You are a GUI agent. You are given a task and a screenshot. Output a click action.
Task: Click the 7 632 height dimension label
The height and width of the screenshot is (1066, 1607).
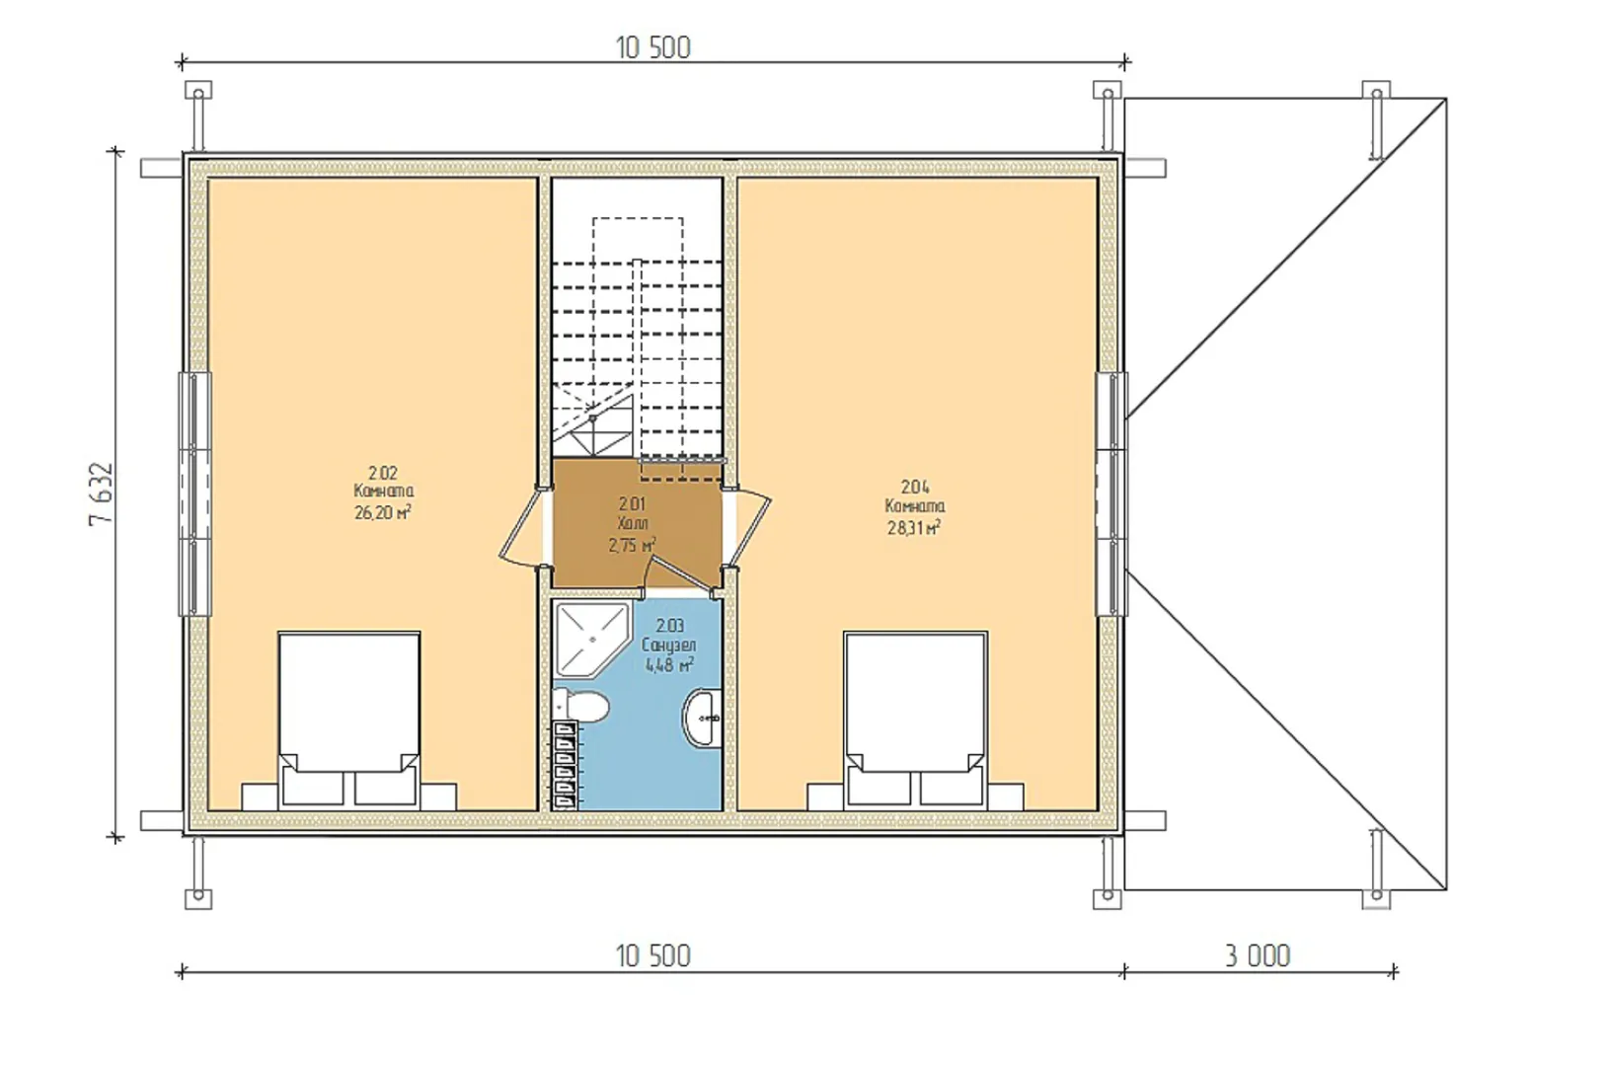pos(101,494)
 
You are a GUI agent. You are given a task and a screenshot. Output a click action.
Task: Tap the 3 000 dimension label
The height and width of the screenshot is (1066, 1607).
pos(1257,956)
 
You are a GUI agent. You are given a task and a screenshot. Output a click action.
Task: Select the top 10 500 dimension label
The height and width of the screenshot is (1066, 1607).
pos(652,48)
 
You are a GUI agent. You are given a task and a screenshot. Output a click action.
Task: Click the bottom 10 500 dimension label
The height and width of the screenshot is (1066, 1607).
pos(652,956)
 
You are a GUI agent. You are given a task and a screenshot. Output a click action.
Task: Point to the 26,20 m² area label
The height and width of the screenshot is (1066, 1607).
pos(383,512)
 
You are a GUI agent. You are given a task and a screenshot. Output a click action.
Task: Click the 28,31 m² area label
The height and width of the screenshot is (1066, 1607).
pos(915,528)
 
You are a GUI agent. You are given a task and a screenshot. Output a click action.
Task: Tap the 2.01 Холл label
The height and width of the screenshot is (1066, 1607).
pos(633,513)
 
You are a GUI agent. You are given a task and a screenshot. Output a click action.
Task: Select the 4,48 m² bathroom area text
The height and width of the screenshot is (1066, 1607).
pos(669,665)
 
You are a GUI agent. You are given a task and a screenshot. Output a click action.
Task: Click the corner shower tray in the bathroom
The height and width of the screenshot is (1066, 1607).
pos(592,639)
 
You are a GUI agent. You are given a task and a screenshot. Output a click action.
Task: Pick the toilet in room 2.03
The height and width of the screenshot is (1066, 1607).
pos(581,705)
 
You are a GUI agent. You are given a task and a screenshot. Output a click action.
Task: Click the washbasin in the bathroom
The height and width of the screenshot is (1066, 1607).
pos(703,719)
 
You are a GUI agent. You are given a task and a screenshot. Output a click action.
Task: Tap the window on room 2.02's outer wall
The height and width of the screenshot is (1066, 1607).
pos(194,494)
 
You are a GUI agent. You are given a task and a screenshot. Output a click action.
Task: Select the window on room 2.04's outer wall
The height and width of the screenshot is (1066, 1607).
pos(1111,494)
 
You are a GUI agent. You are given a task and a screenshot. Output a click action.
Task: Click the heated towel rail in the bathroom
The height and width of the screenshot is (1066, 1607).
pos(566,765)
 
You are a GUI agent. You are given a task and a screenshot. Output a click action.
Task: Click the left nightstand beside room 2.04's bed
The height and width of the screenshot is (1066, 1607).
pos(826,797)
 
